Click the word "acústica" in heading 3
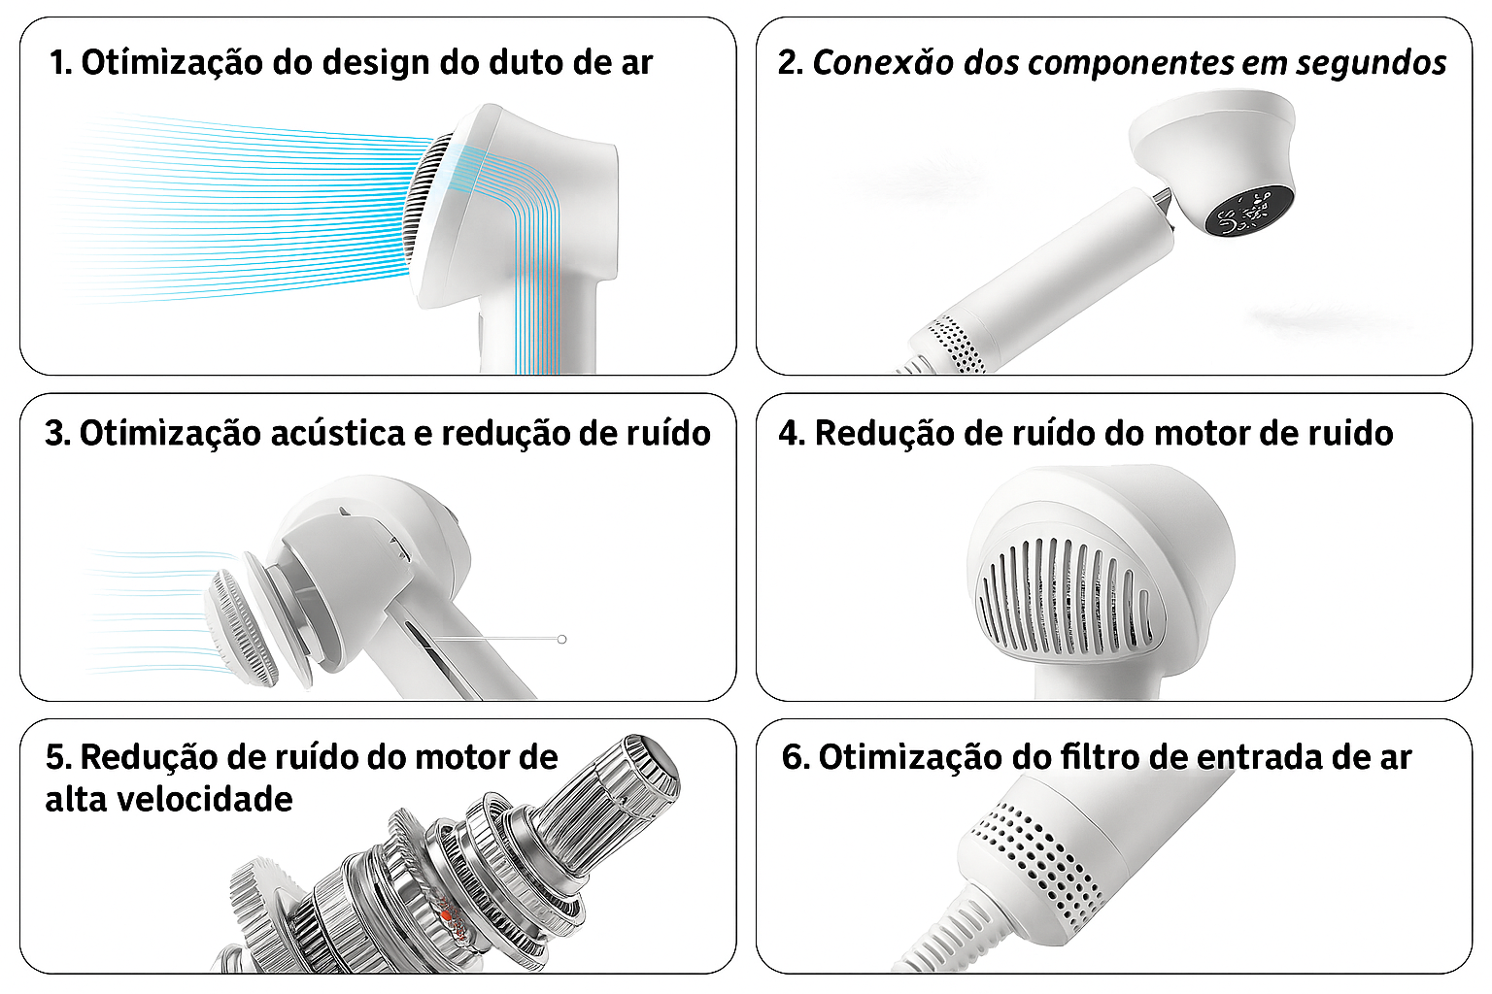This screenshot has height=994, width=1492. click(338, 433)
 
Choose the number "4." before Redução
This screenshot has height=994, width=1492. click(792, 433)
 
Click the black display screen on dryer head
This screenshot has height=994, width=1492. click(1249, 211)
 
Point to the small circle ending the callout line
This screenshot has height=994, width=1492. click(562, 639)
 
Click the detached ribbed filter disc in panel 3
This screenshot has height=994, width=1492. click(240, 627)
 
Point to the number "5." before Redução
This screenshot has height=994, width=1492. click(58, 757)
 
